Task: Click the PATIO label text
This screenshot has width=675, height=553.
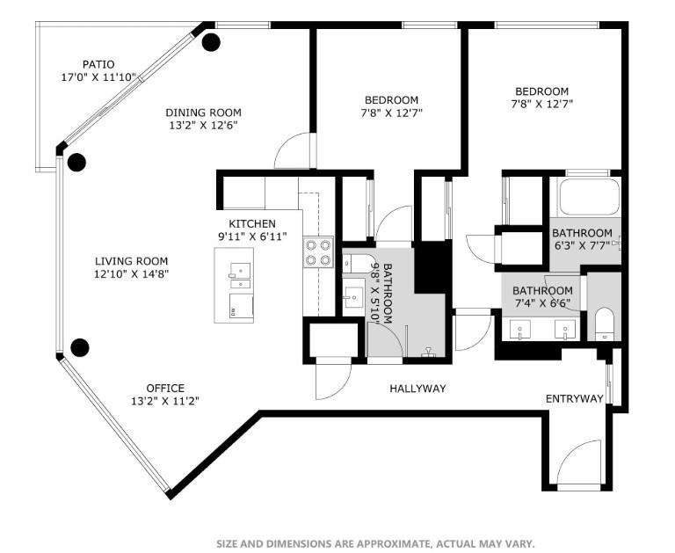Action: (x=98, y=64)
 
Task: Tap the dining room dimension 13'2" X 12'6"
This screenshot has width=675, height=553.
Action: (x=203, y=125)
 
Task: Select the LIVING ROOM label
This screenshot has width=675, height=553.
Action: (x=132, y=261)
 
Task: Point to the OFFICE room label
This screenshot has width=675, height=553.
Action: (x=165, y=388)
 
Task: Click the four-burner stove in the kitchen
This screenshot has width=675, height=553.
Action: (x=318, y=251)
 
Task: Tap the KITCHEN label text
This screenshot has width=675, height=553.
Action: (x=252, y=224)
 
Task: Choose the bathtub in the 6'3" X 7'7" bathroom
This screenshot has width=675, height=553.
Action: (x=589, y=196)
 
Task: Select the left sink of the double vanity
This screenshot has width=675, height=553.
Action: (x=521, y=331)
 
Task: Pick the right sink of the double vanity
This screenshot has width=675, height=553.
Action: (x=564, y=331)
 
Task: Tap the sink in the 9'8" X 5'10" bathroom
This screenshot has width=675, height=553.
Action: (x=354, y=295)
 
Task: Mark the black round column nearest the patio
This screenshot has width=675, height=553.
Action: (x=211, y=41)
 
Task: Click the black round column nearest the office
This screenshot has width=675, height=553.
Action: (x=80, y=347)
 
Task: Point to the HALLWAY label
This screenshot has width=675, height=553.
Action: (x=417, y=389)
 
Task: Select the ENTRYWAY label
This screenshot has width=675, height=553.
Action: (x=575, y=398)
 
